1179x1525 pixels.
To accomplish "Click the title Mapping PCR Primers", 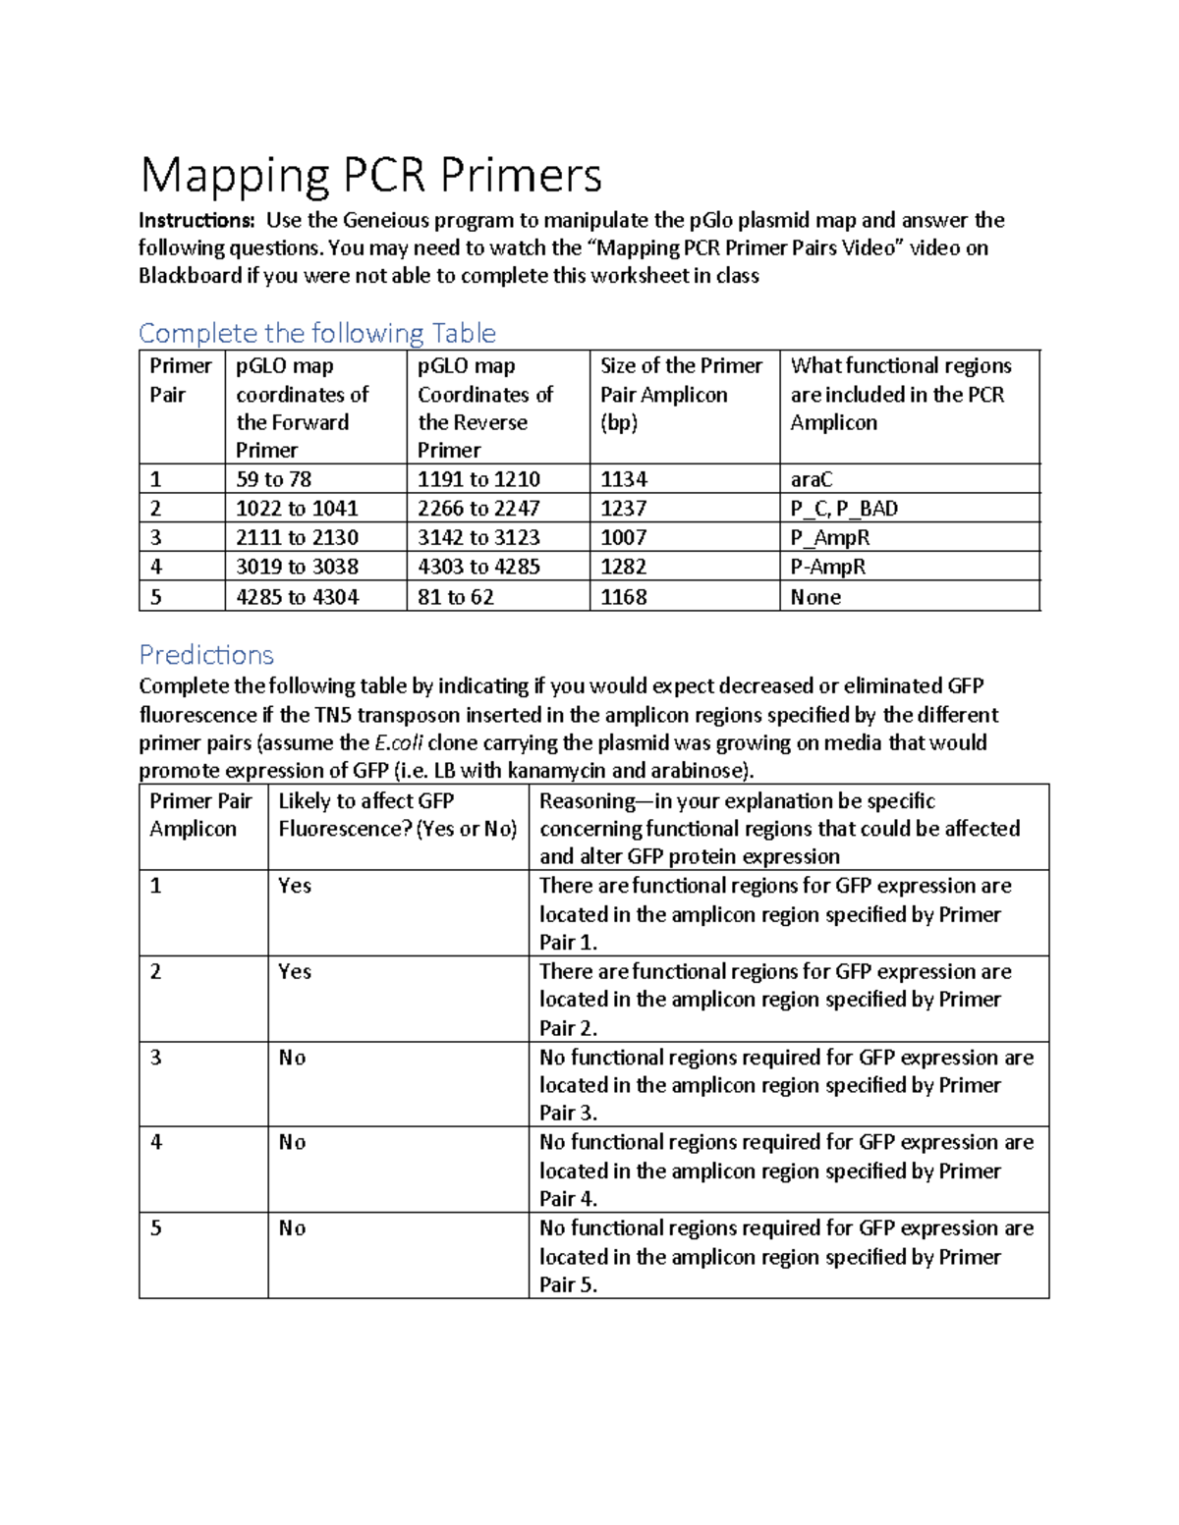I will tap(370, 176).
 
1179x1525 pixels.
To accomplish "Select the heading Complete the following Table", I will tap(316, 333).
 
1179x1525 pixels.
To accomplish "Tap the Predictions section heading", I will tap(206, 655).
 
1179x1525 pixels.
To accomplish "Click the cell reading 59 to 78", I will tap(274, 479).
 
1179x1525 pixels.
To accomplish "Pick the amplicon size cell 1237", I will tap(624, 509).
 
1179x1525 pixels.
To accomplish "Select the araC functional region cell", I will tap(812, 479).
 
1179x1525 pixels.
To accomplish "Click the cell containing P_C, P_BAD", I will tap(844, 509).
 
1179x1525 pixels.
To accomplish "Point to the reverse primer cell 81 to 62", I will tap(456, 597).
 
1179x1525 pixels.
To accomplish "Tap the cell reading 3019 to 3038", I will tap(297, 567).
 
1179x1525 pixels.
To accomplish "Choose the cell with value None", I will tap(815, 597).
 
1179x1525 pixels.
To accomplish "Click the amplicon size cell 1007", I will tap(624, 537).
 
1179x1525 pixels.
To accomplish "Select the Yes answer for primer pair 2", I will tap(295, 971).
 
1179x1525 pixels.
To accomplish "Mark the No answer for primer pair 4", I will tap(292, 1142).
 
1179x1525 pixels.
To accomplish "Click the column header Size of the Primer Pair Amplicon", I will tap(681, 394).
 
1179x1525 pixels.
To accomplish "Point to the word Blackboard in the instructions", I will tap(190, 276).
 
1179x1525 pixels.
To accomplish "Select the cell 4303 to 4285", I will tap(478, 567).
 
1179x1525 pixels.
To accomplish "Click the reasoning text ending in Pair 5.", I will tap(786, 1256).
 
